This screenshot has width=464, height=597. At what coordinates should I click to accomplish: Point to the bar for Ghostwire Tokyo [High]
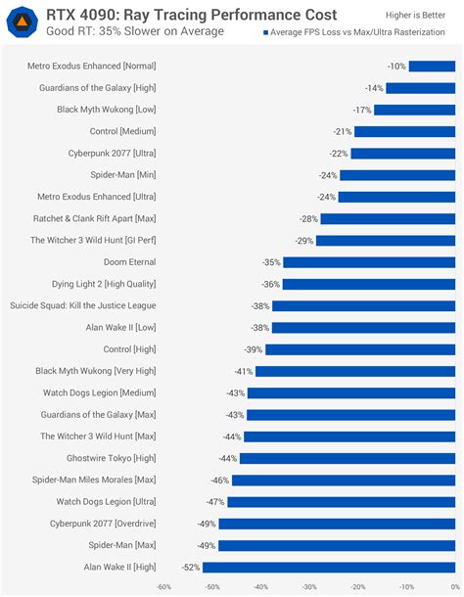point(349,458)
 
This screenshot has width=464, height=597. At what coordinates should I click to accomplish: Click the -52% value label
point(191,567)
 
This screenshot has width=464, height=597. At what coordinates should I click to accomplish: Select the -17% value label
point(362,110)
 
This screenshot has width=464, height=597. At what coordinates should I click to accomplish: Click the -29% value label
point(303,240)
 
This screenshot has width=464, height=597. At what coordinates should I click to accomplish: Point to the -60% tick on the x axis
point(163,587)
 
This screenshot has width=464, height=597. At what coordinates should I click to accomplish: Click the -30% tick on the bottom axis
point(309,587)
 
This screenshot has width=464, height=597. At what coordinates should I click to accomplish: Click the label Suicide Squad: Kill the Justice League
point(82,305)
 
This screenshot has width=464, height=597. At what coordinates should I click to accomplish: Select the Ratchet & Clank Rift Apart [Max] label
point(95,218)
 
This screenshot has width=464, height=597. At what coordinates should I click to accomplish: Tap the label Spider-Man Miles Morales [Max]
point(93,480)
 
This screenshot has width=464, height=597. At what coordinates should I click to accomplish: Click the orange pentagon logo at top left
point(23,22)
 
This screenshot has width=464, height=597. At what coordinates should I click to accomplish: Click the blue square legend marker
point(264,32)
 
